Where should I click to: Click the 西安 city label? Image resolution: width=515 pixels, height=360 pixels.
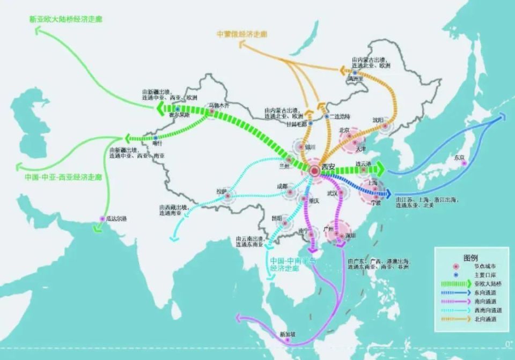pyautogui.click(x=328, y=167)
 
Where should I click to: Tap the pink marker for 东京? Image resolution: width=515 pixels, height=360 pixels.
pyautogui.click(x=465, y=163)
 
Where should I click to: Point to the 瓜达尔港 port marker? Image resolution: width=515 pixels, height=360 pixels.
pyautogui.click(x=103, y=218)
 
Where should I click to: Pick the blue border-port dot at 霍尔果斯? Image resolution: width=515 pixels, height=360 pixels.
pyautogui.click(x=178, y=108)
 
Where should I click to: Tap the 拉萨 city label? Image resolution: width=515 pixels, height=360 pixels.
pyautogui.click(x=222, y=190)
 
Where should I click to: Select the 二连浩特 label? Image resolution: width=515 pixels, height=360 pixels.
pyautogui.click(x=340, y=116)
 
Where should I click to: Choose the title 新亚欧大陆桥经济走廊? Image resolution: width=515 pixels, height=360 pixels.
pyautogui.click(x=66, y=19)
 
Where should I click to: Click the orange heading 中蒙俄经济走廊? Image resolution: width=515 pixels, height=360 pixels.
pyautogui.click(x=242, y=34)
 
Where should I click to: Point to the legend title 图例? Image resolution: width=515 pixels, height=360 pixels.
pyautogui.click(x=470, y=258)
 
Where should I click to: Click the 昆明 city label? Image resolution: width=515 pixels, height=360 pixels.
pyautogui.click(x=276, y=218)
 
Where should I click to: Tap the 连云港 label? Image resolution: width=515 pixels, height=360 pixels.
pyautogui.click(x=363, y=164)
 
